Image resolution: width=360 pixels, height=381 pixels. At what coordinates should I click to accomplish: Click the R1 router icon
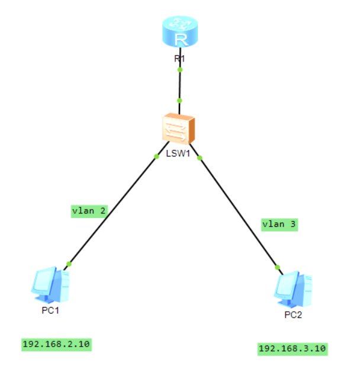point(179,33)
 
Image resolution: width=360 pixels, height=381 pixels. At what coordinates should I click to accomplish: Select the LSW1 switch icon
point(178,128)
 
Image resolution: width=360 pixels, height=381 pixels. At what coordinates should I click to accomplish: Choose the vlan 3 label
point(279,225)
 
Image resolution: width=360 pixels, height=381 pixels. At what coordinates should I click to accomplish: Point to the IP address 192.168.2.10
point(57,344)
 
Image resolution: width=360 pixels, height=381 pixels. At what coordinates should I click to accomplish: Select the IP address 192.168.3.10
point(292,348)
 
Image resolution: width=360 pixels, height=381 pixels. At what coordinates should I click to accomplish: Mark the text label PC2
point(292,315)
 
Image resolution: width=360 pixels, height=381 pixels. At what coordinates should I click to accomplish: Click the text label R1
point(179,59)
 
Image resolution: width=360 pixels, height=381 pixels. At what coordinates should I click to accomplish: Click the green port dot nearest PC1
point(69,264)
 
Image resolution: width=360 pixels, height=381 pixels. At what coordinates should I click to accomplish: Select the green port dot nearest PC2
point(277,267)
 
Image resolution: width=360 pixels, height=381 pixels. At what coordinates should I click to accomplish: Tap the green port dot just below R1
point(179,70)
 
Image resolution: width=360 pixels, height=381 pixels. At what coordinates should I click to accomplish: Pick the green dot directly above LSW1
point(179,101)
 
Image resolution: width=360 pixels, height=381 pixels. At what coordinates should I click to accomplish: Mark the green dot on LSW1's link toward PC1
point(156,156)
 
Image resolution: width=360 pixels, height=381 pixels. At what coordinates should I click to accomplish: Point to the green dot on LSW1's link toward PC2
point(200,158)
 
